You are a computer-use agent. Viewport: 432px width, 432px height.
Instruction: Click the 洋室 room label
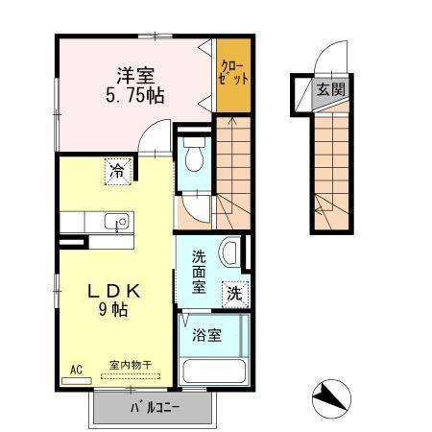(136, 75)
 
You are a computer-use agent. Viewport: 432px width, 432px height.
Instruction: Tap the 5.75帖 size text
(136, 95)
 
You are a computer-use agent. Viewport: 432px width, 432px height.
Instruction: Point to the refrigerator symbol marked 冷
(115, 173)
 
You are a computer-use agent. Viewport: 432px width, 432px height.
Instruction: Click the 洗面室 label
(198, 272)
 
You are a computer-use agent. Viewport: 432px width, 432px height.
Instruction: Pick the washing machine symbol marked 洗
(233, 295)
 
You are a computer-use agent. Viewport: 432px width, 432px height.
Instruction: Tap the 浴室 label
(206, 336)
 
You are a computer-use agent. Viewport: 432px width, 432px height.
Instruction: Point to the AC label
(76, 368)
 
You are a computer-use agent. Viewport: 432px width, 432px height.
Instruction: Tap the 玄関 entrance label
(328, 90)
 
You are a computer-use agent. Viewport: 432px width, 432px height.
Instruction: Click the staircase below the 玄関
(332, 168)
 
